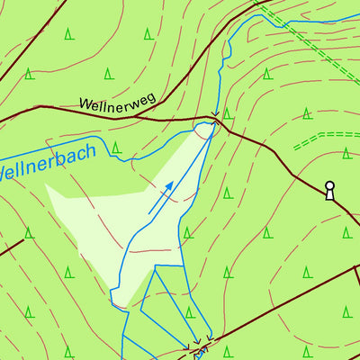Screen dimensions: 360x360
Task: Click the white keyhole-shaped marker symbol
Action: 329,190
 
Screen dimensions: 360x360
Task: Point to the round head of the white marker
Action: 329,186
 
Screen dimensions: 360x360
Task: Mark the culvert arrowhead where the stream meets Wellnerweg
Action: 214,116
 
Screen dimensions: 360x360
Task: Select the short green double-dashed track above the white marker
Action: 324,138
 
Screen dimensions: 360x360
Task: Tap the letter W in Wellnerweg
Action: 85,104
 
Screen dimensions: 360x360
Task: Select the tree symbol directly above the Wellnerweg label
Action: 108,73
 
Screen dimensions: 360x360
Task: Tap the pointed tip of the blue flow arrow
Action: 173,184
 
